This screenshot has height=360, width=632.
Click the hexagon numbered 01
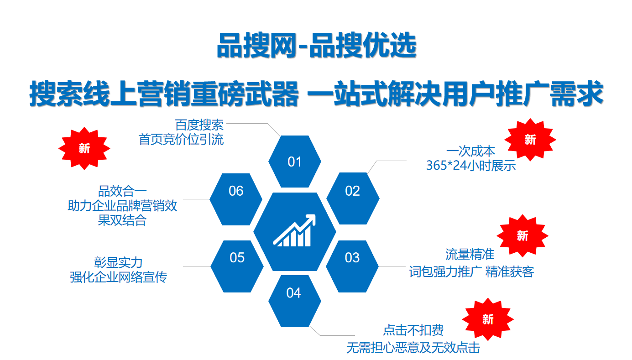[x=295, y=162]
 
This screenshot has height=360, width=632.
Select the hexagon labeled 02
[x=353, y=198]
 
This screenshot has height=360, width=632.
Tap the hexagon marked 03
[x=352, y=266]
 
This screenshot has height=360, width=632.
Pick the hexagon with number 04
[x=295, y=301]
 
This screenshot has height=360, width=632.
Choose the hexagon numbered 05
[x=237, y=266]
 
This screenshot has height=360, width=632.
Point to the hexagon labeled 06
[x=236, y=199]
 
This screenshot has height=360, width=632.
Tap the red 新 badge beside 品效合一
[x=84, y=148]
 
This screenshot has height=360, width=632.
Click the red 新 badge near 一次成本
[x=530, y=140]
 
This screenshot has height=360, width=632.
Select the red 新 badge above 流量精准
[x=522, y=236]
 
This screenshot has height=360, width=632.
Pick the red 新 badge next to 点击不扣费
[x=488, y=319]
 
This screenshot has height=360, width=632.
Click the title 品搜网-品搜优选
[x=317, y=45]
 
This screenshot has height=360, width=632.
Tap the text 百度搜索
[x=199, y=125]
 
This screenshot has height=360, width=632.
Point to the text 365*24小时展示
[x=471, y=166]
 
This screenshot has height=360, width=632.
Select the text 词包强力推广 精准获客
[x=471, y=271]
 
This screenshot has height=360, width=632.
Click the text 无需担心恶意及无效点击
[x=413, y=348]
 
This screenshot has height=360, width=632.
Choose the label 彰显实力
[x=118, y=263]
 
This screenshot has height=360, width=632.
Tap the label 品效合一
[x=122, y=191]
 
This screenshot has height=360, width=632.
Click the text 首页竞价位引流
[x=181, y=140]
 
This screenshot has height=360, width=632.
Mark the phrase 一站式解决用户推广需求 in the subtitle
[x=455, y=94]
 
